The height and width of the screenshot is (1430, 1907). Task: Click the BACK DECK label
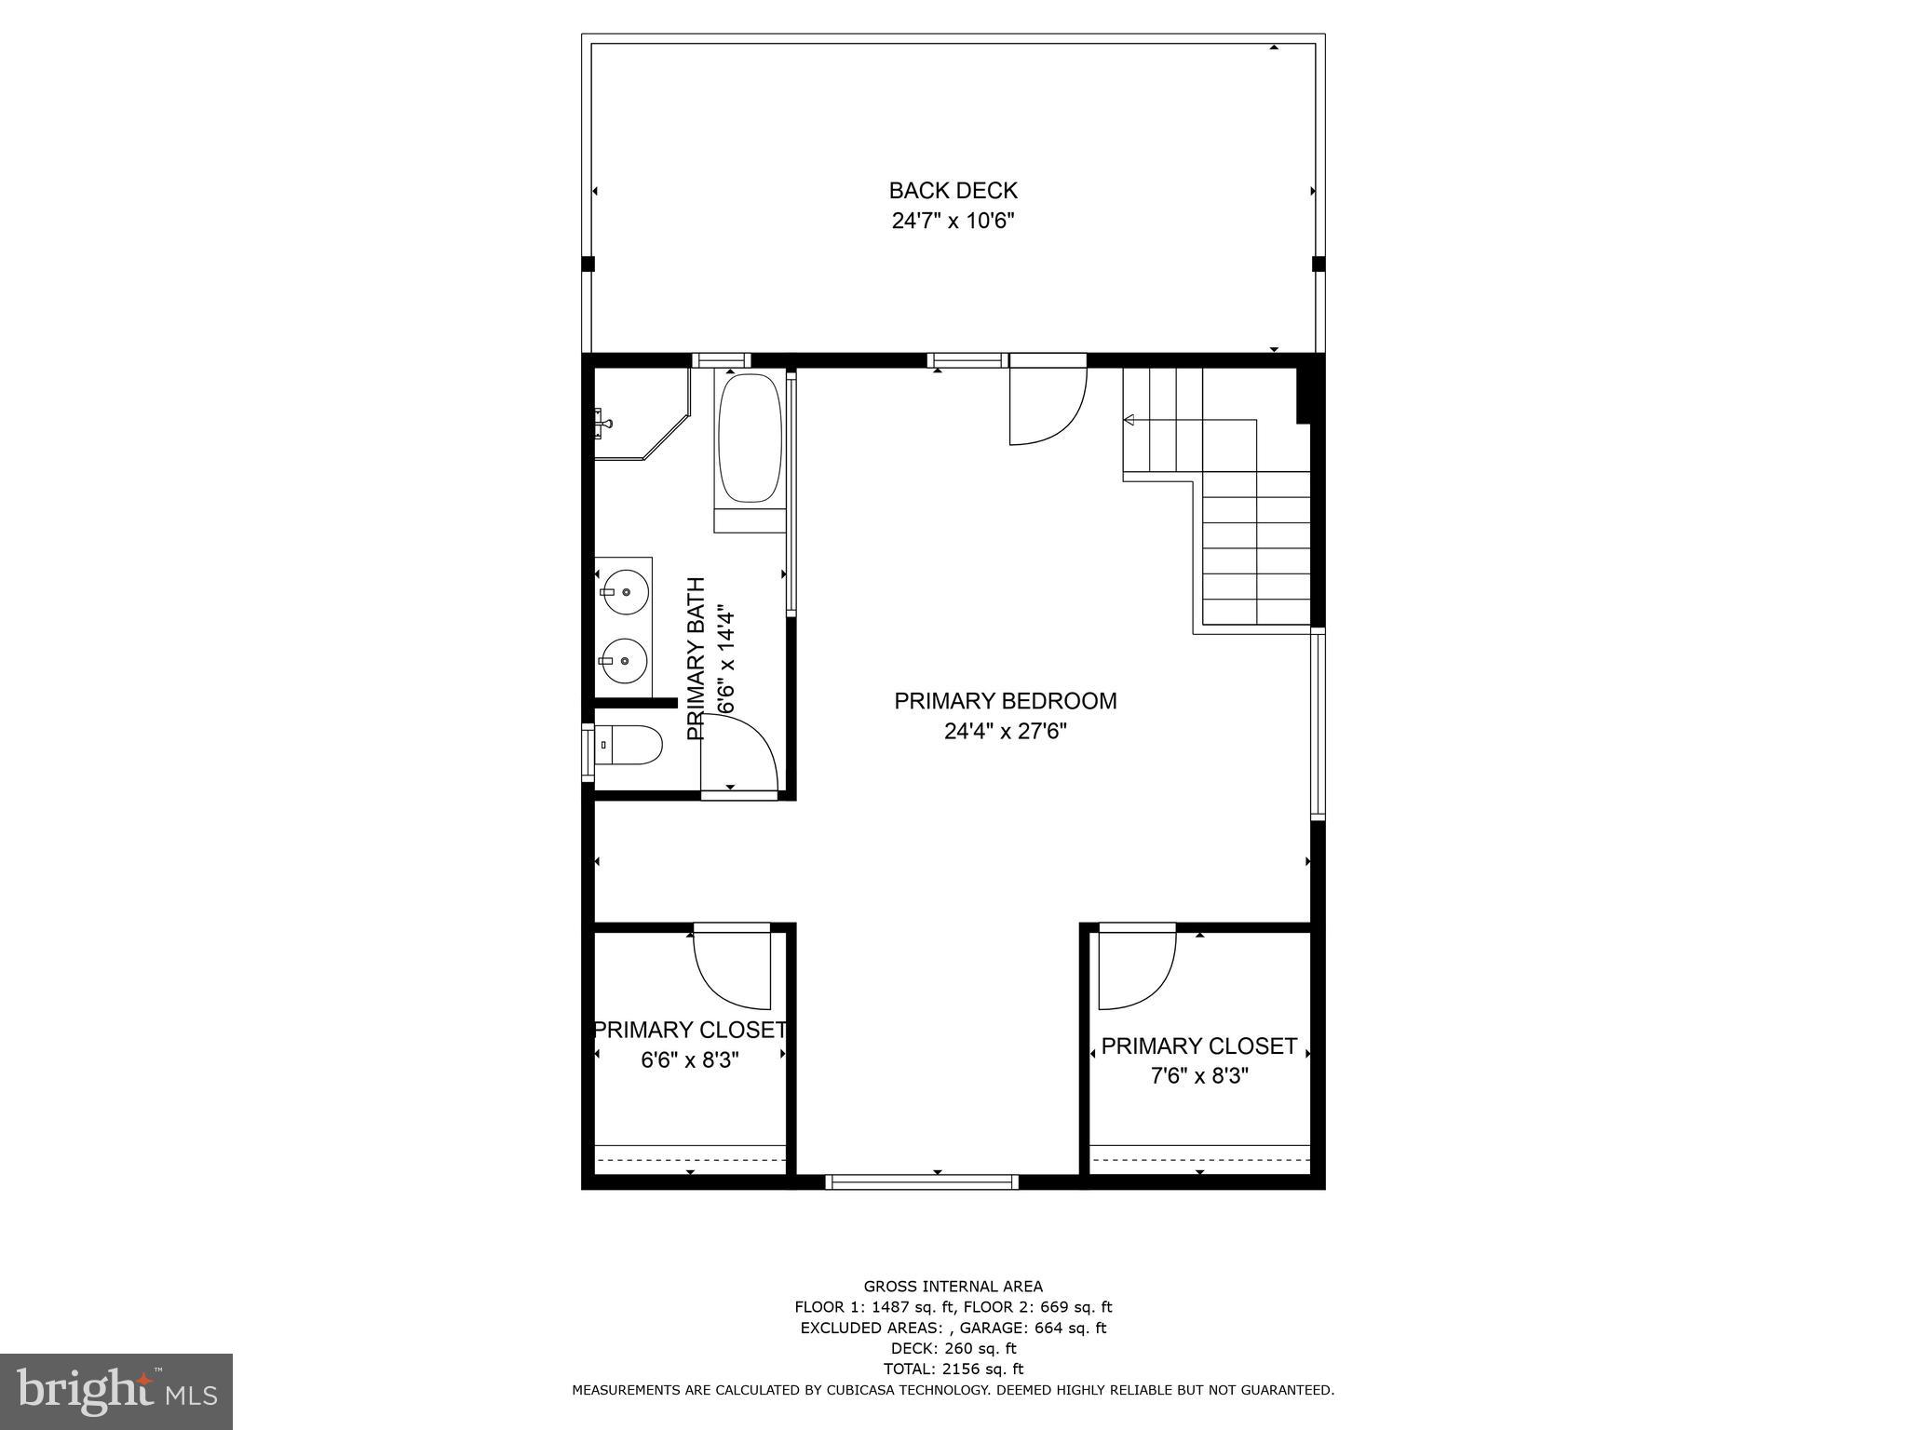pos(953,191)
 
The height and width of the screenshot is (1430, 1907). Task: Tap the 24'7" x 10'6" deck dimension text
pos(953,222)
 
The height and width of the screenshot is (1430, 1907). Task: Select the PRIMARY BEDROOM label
pos(1005,701)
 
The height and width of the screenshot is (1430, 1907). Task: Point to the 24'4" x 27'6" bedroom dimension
pos(1005,732)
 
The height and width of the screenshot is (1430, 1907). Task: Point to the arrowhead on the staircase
pos(1129,421)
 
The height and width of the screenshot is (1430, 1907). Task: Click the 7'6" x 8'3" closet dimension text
pos(1199,1076)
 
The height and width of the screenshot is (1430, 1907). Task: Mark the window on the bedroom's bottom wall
pos(922,1182)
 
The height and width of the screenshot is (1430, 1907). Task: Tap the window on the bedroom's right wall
pos(1318,724)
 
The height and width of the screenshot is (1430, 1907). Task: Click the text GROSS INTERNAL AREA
pos(953,1287)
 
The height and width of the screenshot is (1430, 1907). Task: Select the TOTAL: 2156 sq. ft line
pos(953,1369)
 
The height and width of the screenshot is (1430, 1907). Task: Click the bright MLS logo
pos(116,1391)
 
